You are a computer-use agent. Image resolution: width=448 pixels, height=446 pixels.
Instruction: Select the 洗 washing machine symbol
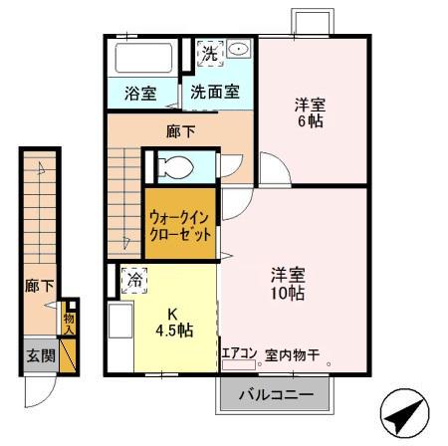(x=209, y=54)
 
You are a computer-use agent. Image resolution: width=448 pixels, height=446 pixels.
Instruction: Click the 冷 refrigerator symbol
(x=132, y=282)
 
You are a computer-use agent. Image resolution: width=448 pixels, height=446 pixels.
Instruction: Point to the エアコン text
(x=239, y=353)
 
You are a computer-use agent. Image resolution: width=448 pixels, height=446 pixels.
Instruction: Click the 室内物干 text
(x=293, y=353)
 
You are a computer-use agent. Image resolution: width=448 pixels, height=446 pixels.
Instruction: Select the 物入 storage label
(x=69, y=321)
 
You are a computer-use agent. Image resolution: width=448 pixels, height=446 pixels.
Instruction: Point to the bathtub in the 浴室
(x=143, y=58)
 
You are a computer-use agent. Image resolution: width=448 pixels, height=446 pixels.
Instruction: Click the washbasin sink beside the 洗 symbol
(x=239, y=51)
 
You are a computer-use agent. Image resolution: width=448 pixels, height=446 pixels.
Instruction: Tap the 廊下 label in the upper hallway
(x=180, y=129)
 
